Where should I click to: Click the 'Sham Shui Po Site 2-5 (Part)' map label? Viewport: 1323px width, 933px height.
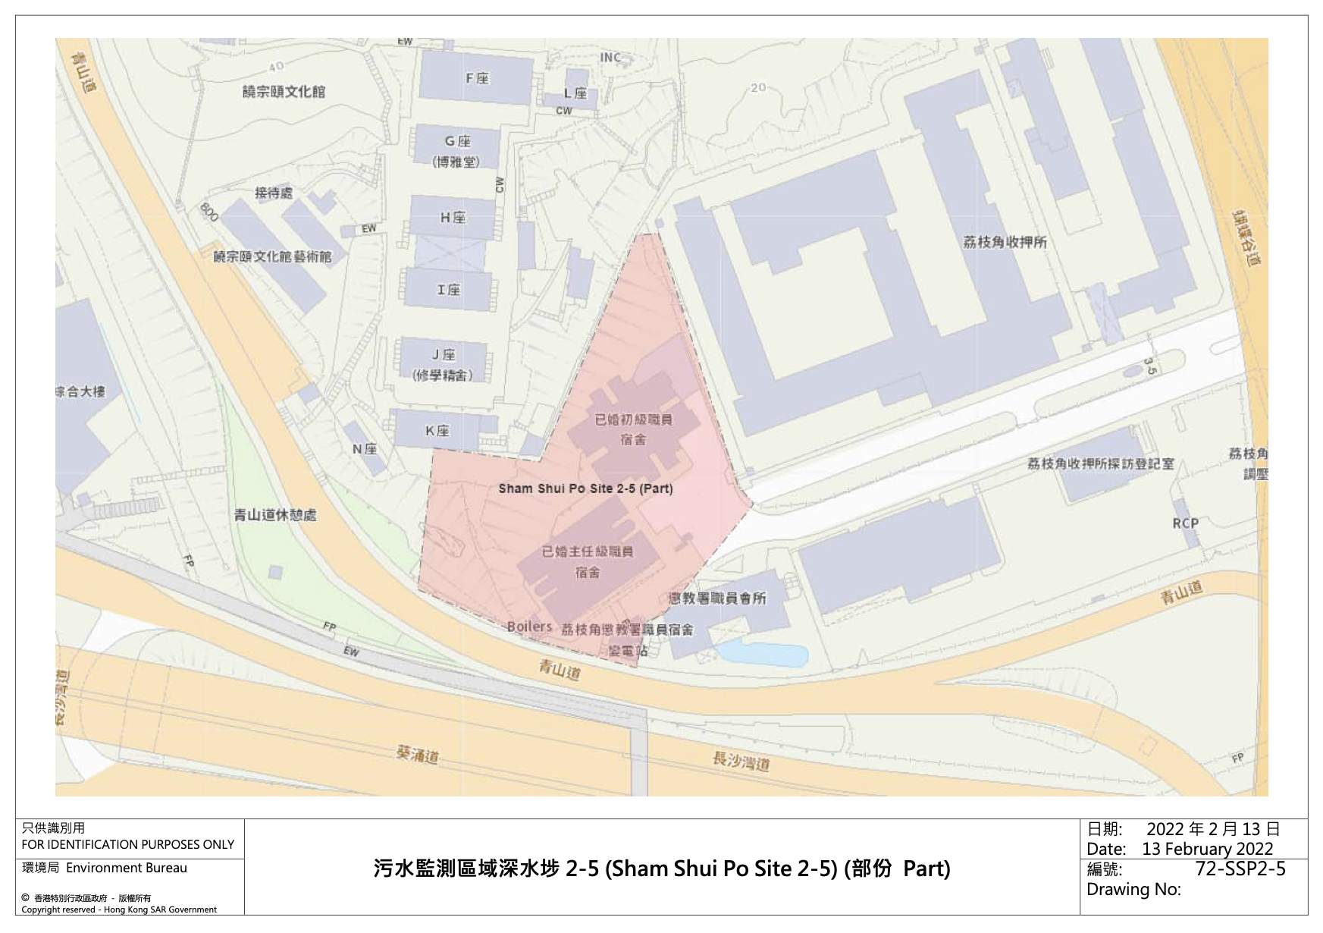[x=585, y=488]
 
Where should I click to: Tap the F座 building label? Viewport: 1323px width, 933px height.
[x=477, y=78]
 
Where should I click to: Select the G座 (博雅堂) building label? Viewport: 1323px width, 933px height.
[x=456, y=151]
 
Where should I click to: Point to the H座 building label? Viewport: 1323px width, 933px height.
[x=453, y=218]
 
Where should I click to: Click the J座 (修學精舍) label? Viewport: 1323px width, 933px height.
[x=444, y=365]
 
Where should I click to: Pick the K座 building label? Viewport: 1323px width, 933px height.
[x=437, y=431]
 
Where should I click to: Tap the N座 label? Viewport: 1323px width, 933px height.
[x=365, y=449]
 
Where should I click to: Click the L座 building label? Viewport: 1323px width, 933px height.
[x=575, y=93]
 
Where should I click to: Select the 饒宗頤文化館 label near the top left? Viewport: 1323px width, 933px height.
[x=284, y=92]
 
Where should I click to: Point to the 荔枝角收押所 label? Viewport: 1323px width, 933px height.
[x=1005, y=242]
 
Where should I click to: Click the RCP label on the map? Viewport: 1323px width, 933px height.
[x=1185, y=523]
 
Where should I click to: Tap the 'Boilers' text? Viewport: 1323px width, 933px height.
[x=529, y=627]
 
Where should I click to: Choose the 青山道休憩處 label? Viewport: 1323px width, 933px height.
[x=274, y=515]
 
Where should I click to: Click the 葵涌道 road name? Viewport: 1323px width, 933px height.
[x=417, y=755]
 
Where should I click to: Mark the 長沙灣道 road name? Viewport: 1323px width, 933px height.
[x=741, y=761]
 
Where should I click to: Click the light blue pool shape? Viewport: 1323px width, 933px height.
[x=762, y=654]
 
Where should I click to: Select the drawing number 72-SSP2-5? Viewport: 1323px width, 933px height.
[x=1240, y=869]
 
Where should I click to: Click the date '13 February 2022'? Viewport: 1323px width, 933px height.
[x=1207, y=849]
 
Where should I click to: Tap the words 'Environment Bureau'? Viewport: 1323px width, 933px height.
[x=127, y=868]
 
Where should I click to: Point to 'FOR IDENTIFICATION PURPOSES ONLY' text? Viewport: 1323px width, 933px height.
[x=127, y=844]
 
